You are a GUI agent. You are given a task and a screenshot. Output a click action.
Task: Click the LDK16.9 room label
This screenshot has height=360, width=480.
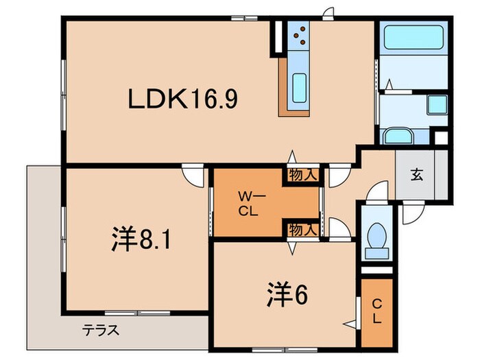183,100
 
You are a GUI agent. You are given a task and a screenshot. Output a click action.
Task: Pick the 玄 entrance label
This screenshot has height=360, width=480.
416,173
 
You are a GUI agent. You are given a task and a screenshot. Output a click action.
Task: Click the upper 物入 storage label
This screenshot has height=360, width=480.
302,175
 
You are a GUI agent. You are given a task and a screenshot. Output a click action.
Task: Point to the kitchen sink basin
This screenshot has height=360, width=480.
300,87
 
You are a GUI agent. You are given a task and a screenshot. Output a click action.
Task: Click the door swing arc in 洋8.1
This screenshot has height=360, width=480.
193,176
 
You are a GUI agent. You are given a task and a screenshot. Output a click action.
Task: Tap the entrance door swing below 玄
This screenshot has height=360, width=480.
413,213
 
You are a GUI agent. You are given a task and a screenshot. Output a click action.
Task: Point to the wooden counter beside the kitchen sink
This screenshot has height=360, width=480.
284,86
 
